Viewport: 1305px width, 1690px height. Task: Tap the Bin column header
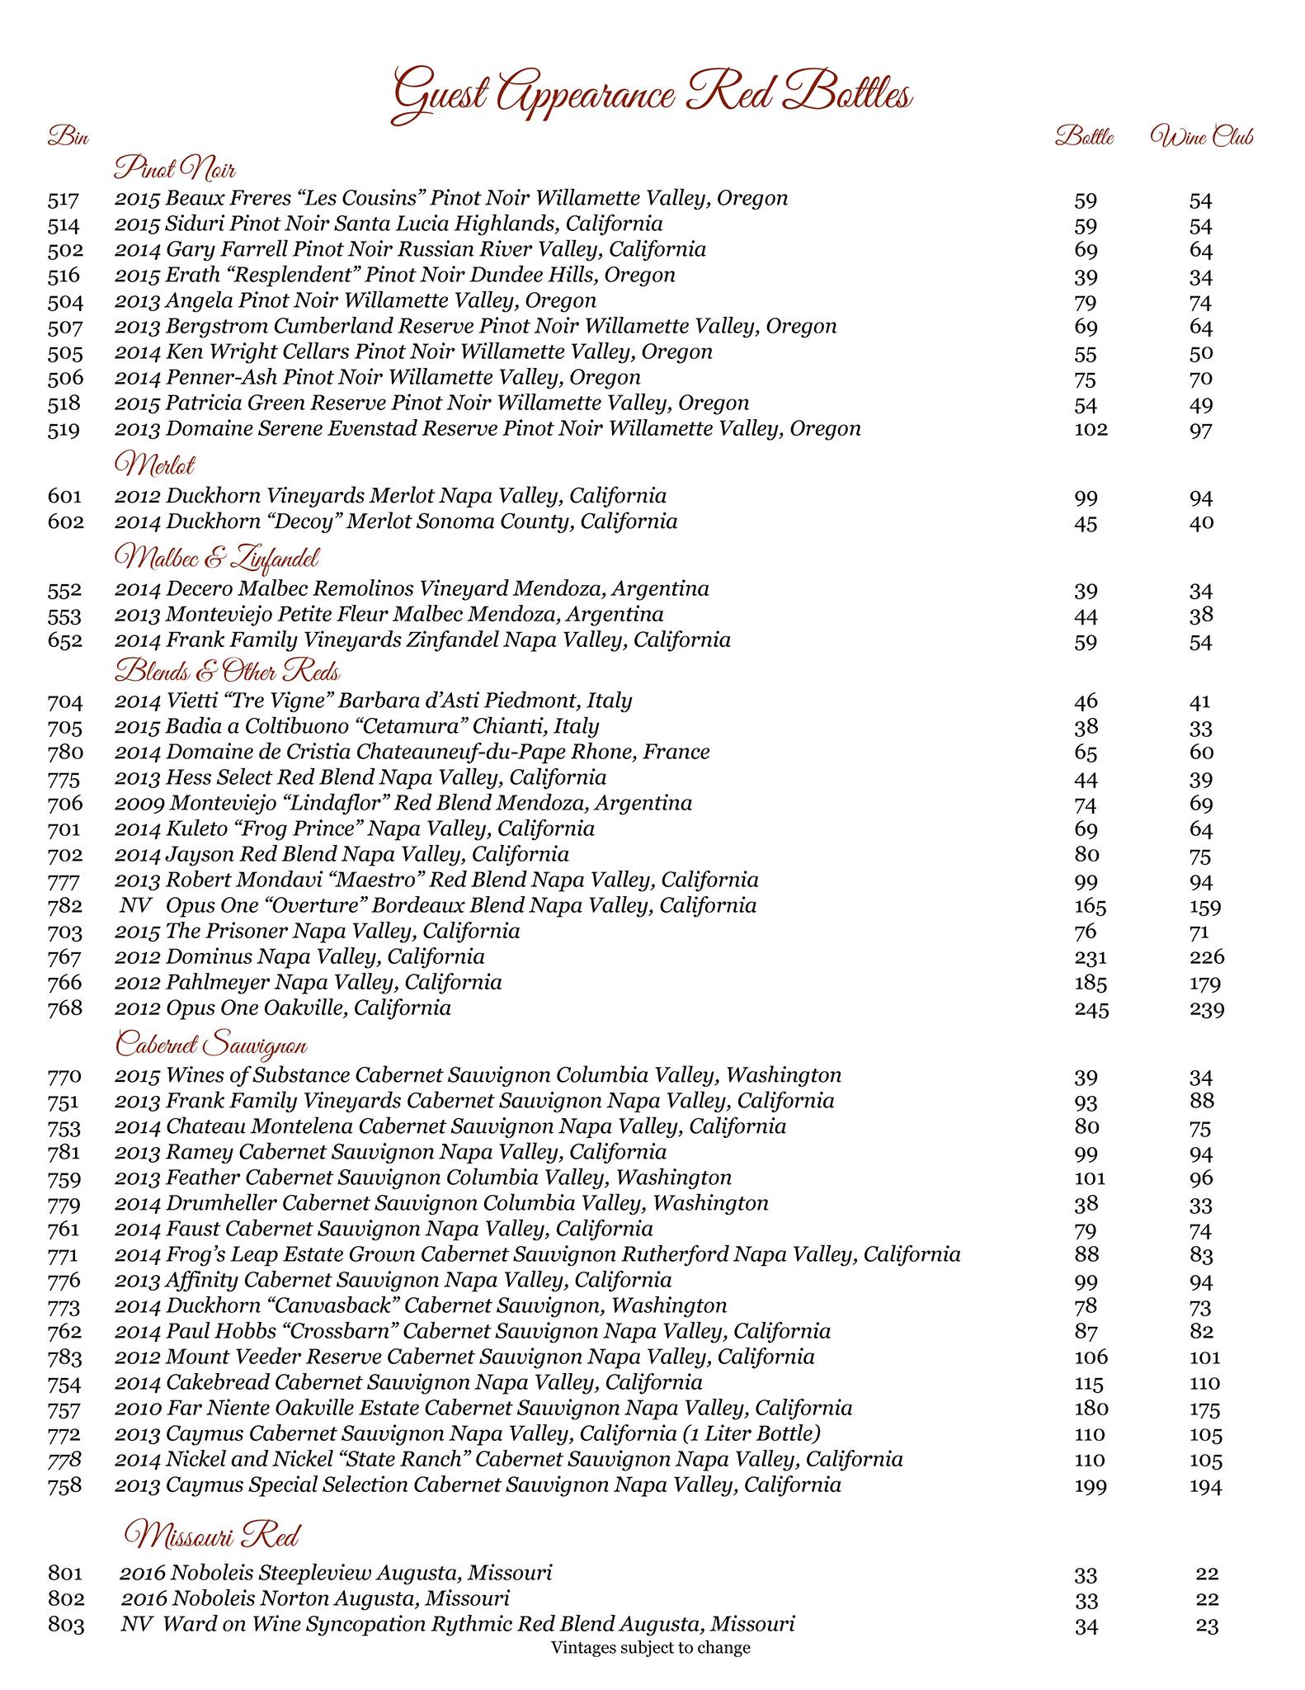pos(68,136)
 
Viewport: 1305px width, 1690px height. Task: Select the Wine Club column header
pos(1201,137)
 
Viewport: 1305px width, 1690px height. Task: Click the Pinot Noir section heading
pos(175,170)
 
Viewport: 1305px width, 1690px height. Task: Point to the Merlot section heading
pos(155,465)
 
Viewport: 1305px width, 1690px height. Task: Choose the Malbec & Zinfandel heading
pos(216,559)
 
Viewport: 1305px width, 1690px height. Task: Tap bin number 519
pos(64,430)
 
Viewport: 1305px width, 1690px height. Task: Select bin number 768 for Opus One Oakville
pos(64,1008)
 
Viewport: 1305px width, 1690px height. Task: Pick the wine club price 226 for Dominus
pos(1206,958)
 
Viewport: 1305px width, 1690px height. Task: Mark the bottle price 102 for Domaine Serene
pos(1091,430)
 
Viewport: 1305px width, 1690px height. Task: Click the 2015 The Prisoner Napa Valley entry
pos(318,932)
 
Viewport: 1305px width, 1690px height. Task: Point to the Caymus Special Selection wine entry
pos(478,1485)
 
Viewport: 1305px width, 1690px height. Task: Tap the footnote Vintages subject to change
pos(651,1648)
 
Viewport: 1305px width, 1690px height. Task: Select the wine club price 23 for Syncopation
pos(1206,1626)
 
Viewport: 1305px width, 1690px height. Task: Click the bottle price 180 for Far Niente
pos(1091,1409)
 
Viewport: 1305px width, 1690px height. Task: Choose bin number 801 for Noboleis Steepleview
pos(66,1574)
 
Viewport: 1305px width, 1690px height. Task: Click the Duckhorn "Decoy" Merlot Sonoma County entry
pos(396,522)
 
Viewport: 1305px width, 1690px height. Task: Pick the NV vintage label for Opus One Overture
pos(135,906)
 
